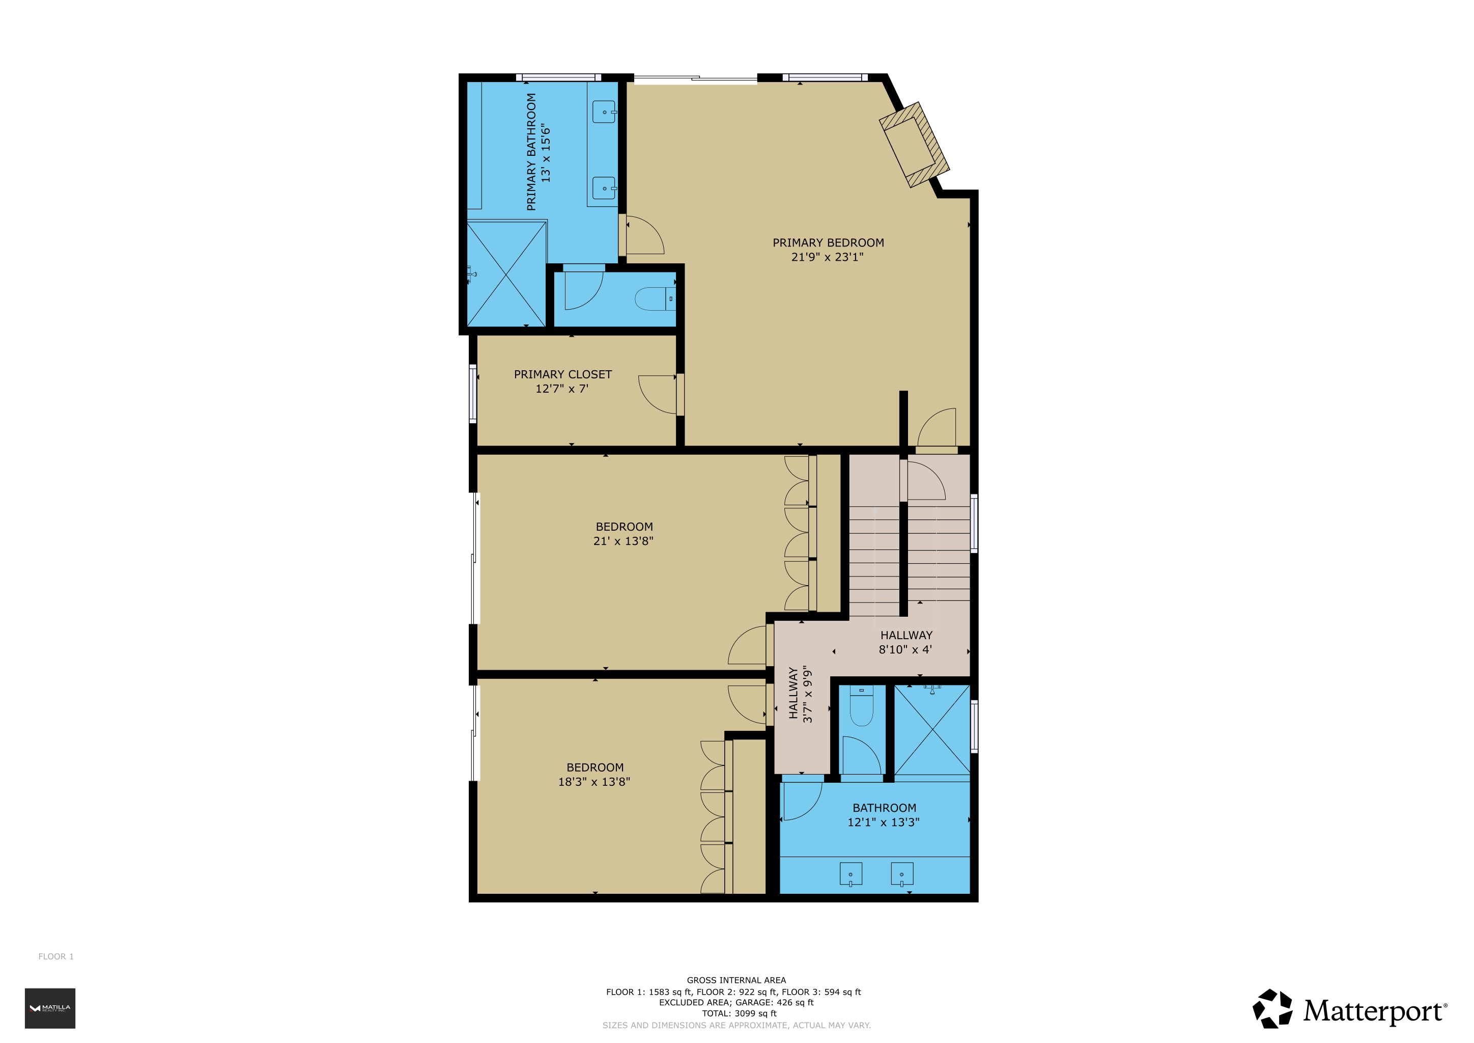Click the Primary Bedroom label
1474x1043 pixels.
[x=828, y=243]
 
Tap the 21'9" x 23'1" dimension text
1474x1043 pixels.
[x=827, y=257]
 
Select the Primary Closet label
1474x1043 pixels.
[x=562, y=374]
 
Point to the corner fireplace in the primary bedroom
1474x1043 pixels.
[x=914, y=145]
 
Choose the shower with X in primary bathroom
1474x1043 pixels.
[x=506, y=273]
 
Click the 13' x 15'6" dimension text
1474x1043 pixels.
[x=546, y=153]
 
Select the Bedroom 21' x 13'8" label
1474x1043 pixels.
[x=623, y=534]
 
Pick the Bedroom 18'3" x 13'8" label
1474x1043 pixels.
[x=594, y=775]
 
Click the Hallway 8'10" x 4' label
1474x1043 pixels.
[x=906, y=642]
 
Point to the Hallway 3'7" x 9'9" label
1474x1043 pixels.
[x=800, y=694]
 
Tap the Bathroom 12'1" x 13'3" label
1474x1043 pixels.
[x=884, y=815]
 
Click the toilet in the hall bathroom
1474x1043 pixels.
[x=862, y=706]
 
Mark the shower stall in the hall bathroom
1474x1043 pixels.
[x=932, y=730]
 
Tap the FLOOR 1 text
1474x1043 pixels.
[x=56, y=956]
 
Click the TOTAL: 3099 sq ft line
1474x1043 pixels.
[x=739, y=1013]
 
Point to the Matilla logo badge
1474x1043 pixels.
[x=50, y=1008]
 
